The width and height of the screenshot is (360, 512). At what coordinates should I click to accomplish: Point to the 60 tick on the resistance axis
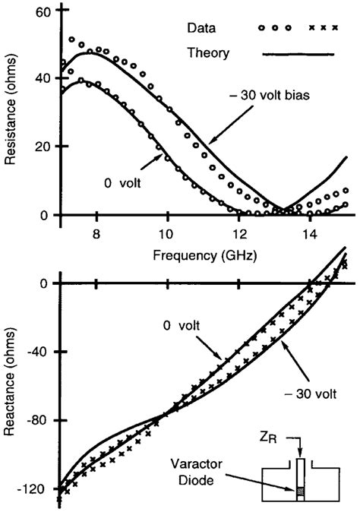pyautogui.click(x=42, y=12)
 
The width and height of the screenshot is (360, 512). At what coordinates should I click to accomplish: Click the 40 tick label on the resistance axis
pyautogui.click(x=42, y=78)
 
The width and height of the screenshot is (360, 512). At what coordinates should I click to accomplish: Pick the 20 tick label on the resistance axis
pyautogui.click(x=42, y=146)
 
